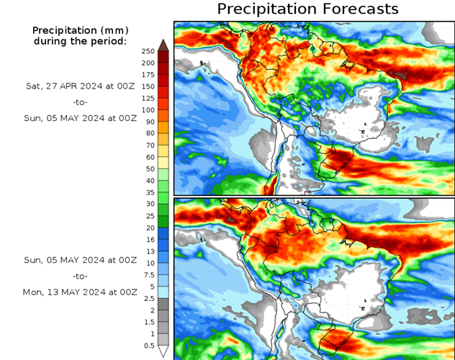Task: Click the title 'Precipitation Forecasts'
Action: pyautogui.click(x=307, y=9)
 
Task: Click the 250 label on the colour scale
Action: pyautogui.click(x=148, y=51)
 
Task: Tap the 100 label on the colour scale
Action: pyautogui.click(x=148, y=110)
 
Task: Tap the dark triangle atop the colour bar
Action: pyautogui.click(x=163, y=45)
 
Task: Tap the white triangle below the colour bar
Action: pyautogui.click(x=163, y=351)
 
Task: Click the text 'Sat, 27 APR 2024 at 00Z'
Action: pyautogui.click(x=79, y=86)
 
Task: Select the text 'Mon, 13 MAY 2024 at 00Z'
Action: pyautogui.click(x=79, y=292)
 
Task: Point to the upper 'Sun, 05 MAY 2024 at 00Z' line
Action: pyautogui.click(x=79, y=119)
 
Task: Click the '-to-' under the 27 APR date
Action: pyautogui.click(x=79, y=102)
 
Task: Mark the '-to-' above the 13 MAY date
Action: pyautogui.click(x=79, y=276)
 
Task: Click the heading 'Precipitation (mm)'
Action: pyautogui.click(x=79, y=30)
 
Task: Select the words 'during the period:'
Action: pyautogui.click(x=79, y=41)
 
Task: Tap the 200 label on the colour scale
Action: pyautogui.click(x=148, y=63)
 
